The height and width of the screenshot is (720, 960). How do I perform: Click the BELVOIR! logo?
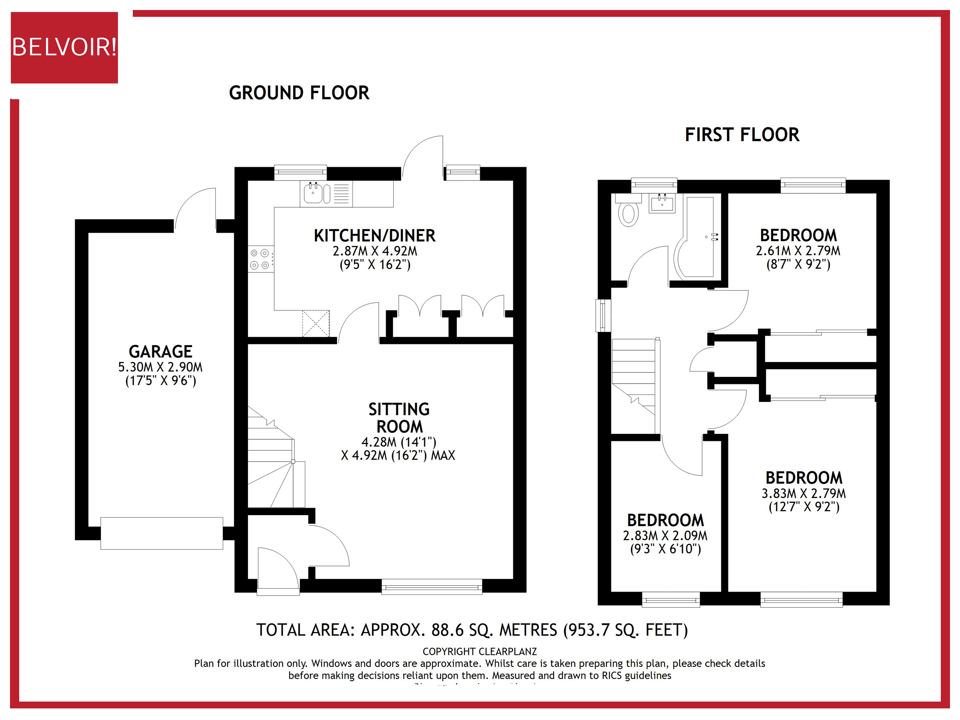(x=64, y=47)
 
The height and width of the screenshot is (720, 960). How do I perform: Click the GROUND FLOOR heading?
(x=299, y=93)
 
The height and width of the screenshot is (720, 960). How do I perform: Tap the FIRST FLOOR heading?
(x=742, y=134)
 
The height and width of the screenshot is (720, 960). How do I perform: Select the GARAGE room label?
(x=160, y=351)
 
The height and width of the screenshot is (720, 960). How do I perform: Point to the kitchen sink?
(x=313, y=193)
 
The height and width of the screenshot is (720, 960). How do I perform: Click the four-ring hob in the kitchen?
(x=260, y=259)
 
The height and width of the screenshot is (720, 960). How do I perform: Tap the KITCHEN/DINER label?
(x=374, y=236)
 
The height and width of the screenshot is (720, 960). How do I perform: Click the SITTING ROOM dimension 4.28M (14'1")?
(x=398, y=442)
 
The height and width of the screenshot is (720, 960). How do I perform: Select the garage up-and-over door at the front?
(x=162, y=533)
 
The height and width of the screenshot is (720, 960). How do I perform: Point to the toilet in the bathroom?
(x=628, y=211)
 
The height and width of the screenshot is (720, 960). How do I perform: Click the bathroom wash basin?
(x=662, y=203)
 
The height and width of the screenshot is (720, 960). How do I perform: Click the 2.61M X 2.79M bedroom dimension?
(x=798, y=250)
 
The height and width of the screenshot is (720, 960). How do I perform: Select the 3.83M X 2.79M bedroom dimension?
(x=803, y=493)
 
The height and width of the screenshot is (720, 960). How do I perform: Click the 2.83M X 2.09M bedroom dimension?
(x=665, y=535)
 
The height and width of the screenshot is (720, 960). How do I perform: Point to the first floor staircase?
(x=634, y=376)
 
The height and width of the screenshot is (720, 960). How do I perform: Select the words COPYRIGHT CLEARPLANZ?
(x=480, y=652)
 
